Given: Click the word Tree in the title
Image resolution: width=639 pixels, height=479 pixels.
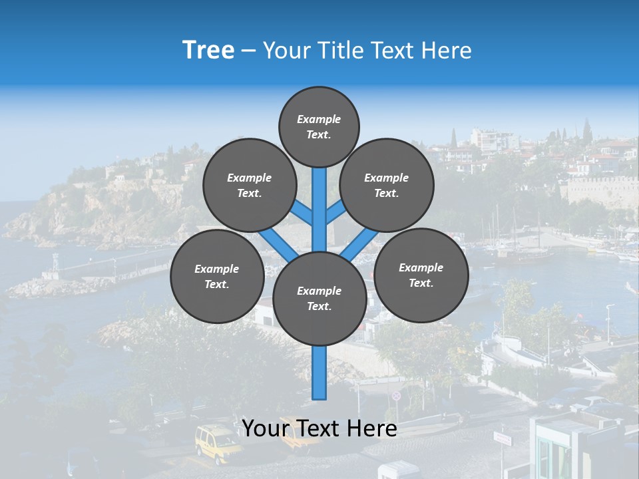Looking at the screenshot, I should pyautogui.click(x=208, y=51).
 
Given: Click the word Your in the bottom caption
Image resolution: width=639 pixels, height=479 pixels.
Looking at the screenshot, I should pyautogui.click(x=265, y=428).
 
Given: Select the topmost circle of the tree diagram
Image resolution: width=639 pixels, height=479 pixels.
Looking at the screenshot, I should pyautogui.click(x=319, y=126).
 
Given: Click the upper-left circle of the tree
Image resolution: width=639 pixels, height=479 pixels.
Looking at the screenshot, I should pyautogui.click(x=249, y=185).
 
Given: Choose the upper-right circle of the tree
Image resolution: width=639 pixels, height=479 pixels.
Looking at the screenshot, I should pyautogui.click(x=386, y=185).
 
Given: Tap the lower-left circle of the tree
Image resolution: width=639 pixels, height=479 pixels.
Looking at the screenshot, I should pyautogui.click(x=216, y=276).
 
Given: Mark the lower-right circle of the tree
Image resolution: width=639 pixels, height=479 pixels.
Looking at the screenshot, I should pyautogui.click(x=421, y=275).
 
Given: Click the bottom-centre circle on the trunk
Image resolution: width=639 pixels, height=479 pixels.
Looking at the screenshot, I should pyautogui.click(x=319, y=298).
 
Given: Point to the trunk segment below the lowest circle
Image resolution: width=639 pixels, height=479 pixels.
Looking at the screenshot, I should pyautogui.click(x=319, y=373).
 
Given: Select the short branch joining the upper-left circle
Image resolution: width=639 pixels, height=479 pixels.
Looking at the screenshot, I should pyautogui.click(x=302, y=212).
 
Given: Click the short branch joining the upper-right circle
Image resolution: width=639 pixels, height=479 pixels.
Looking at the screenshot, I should pyautogui.click(x=336, y=212).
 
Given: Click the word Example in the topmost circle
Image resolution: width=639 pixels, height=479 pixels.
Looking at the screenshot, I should pyautogui.click(x=319, y=120).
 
